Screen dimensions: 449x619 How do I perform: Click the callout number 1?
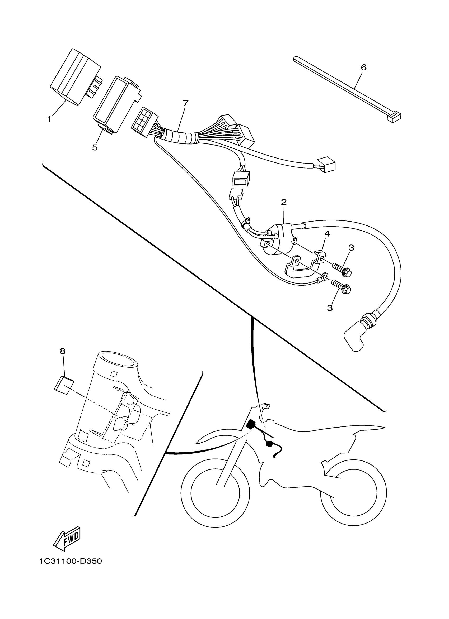coord(49,119)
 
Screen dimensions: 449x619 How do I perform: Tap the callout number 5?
coord(95,147)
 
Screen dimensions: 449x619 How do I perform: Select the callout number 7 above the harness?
coord(186,103)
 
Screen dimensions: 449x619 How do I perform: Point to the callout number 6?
coord(363,67)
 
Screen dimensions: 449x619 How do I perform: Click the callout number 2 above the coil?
coord(284,202)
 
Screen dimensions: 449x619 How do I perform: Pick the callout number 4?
coord(327,234)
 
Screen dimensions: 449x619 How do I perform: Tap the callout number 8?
coord(63,351)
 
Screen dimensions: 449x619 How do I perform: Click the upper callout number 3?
coord(352,248)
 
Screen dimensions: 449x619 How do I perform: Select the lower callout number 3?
coord(330,308)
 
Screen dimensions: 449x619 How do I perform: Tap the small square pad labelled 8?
coord(64,385)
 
